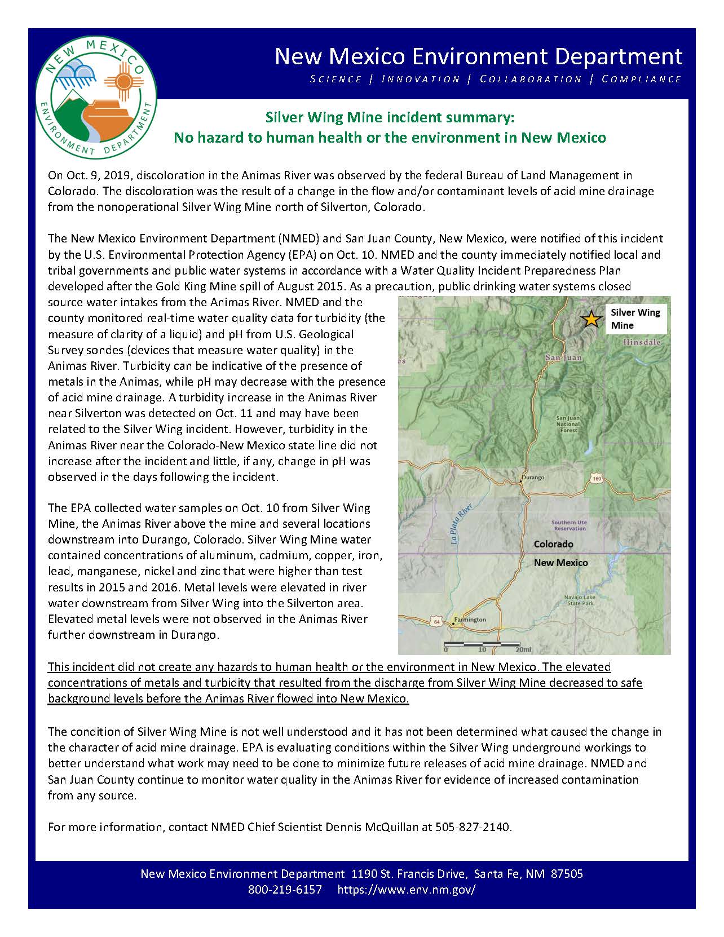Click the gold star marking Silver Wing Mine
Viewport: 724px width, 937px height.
[x=590, y=319]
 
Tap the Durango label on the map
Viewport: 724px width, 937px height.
[x=533, y=478]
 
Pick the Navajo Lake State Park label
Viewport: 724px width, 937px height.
[x=581, y=600]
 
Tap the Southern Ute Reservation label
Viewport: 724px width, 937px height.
[x=569, y=525]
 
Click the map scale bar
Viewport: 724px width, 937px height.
[x=482, y=643]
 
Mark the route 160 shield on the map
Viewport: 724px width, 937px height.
[x=597, y=478]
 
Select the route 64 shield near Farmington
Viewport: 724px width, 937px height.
[x=438, y=621]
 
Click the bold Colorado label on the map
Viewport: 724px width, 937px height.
[x=554, y=544]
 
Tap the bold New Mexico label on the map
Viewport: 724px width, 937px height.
[x=560, y=563]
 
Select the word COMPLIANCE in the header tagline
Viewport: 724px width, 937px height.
[x=642, y=79]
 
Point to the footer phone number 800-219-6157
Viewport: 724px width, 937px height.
[x=285, y=890]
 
